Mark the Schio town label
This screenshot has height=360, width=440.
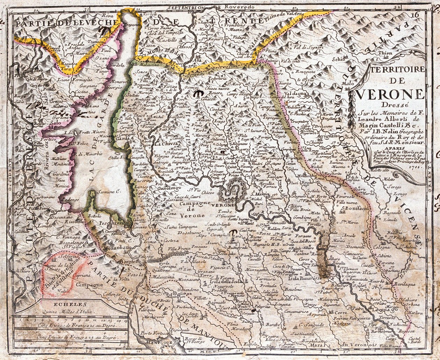click(338, 59)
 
